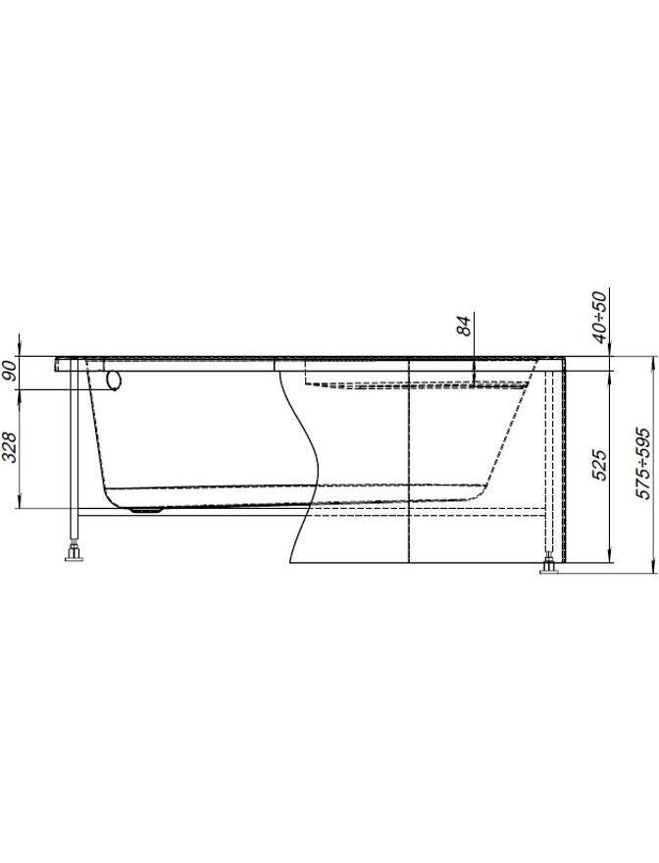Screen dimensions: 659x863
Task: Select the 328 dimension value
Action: point(9,447)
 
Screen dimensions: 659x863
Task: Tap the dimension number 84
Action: point(465,326)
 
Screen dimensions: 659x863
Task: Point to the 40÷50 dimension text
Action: point(600,317)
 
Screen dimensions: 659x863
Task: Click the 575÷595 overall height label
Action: point(642,463)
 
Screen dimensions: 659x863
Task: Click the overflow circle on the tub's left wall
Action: point(114,380)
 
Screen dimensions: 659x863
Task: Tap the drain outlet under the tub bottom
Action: point(145,510)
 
